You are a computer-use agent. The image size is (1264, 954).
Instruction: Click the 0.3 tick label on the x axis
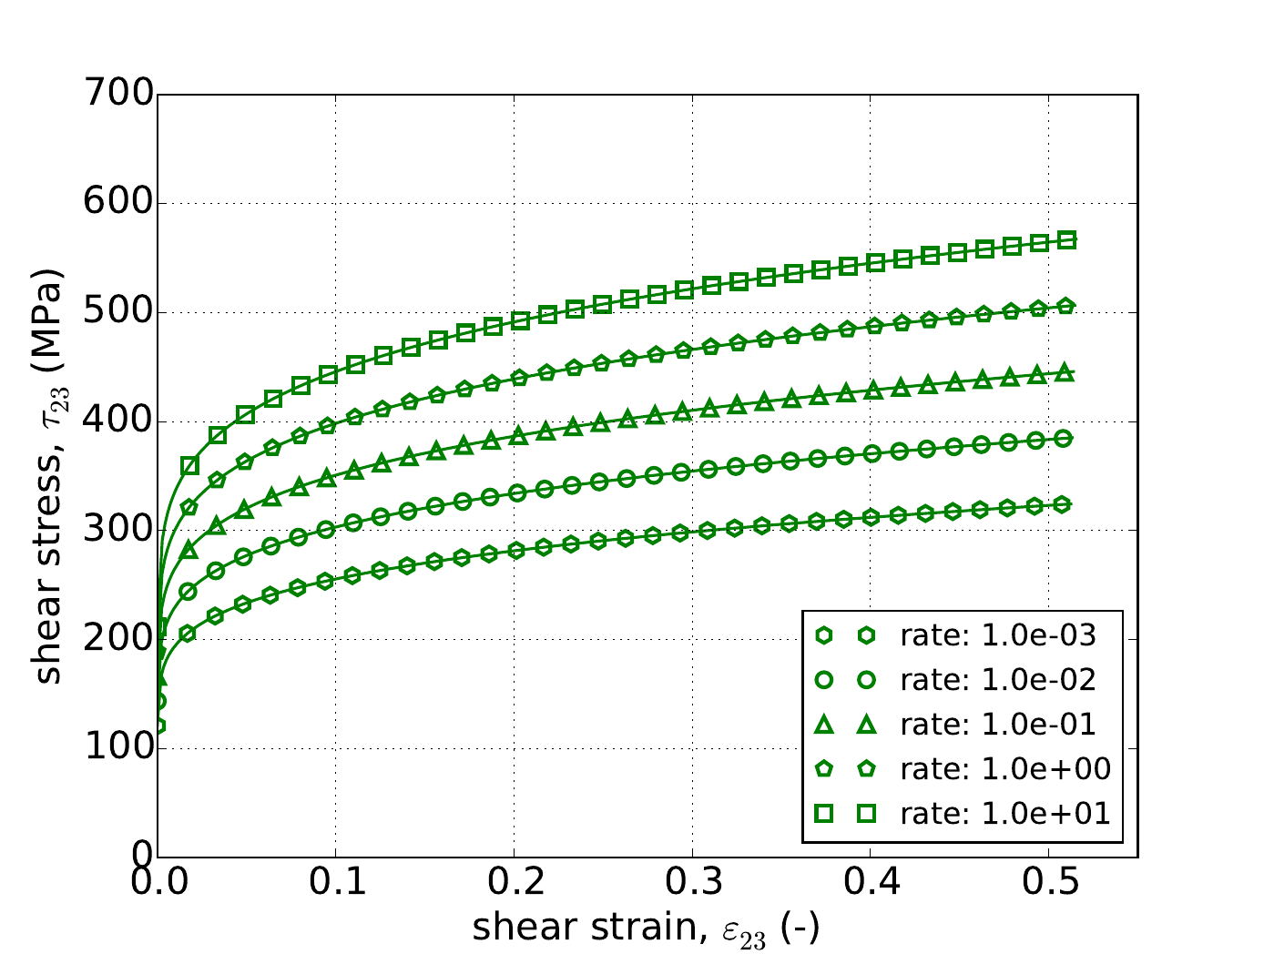(692, 882)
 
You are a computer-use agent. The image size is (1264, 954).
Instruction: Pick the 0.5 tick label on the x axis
(1048, 882)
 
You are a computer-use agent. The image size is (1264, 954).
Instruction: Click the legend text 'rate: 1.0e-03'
(998, 636)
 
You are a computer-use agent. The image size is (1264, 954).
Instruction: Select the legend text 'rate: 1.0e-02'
(998, 680)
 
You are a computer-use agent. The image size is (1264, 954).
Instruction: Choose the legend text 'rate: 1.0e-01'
(998, 725)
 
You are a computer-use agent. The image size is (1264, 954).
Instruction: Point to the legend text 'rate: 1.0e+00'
(1005, 769)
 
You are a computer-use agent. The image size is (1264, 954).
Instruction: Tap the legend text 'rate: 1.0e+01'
(1005, 813)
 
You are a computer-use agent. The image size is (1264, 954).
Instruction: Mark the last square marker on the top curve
(1067, 240)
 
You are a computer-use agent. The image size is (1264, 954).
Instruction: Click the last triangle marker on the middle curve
(1065, 372)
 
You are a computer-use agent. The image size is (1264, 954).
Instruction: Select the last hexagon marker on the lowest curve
(1063, 504)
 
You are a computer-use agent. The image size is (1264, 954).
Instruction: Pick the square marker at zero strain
(158, 627)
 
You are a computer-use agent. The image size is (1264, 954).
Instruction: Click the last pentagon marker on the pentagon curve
(1065, 307)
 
